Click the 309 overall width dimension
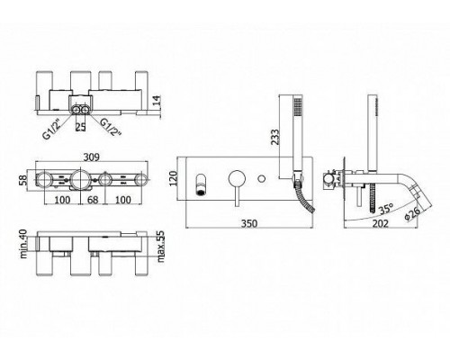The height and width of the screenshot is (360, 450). tap(92, 157)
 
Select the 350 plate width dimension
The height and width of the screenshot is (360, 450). tap(249, 223)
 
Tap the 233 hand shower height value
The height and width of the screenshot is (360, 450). tap(274, 137)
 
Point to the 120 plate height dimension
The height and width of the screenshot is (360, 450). tap(174, 178)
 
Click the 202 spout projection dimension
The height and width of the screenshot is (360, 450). tap(381, 223)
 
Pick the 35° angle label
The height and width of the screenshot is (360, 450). tap(386, 209)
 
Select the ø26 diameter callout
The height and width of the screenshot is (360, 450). tap(412, 213)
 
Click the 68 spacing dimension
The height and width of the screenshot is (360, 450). tap(92, 200)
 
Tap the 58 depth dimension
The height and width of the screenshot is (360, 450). tap(23, 180)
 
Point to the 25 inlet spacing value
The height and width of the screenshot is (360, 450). tap(80, 127)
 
